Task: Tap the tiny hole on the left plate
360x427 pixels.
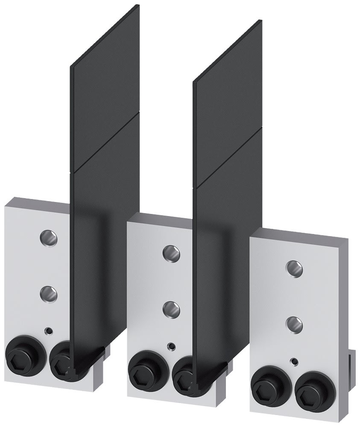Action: pos(50,330)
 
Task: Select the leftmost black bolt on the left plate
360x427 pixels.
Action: pos(21,353)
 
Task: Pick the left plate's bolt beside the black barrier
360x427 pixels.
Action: pos(61,360)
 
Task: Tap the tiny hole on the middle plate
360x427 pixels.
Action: pos(172,345)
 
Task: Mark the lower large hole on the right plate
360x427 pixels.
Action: pos(294,324)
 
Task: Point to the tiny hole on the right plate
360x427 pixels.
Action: pos(294,361)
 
